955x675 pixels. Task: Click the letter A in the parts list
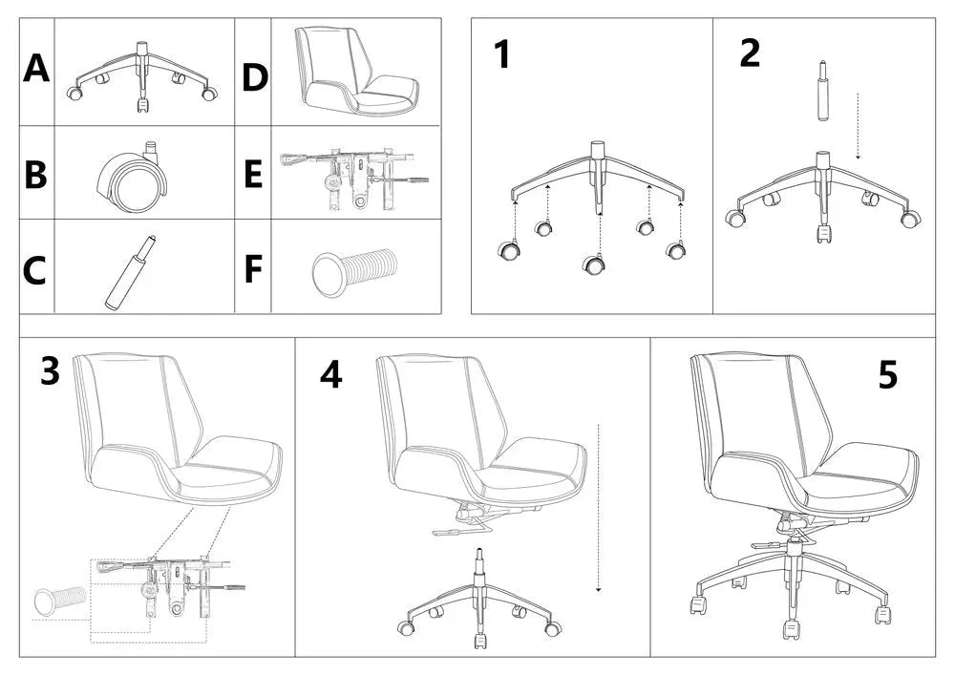click(36, 69)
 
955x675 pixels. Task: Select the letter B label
click(35, 175)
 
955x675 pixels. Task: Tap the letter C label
click(34, 271)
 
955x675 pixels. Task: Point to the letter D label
click(254, 77)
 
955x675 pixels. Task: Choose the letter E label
click(253, 175)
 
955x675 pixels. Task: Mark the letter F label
click(253, 269)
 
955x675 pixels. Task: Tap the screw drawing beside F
click(352, 270)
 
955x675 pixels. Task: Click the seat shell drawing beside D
click(353, 72)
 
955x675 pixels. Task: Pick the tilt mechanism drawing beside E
click(353, 177)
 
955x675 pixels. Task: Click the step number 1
click(501, 55)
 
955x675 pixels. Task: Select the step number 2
click(751, 53)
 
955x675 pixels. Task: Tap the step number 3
click(51, 371)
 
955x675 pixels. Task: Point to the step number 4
click(330, 375)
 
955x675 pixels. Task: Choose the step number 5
click(887, 376)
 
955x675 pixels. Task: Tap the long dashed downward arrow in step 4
click(598, 506)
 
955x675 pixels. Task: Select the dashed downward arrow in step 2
click(858, 124)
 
